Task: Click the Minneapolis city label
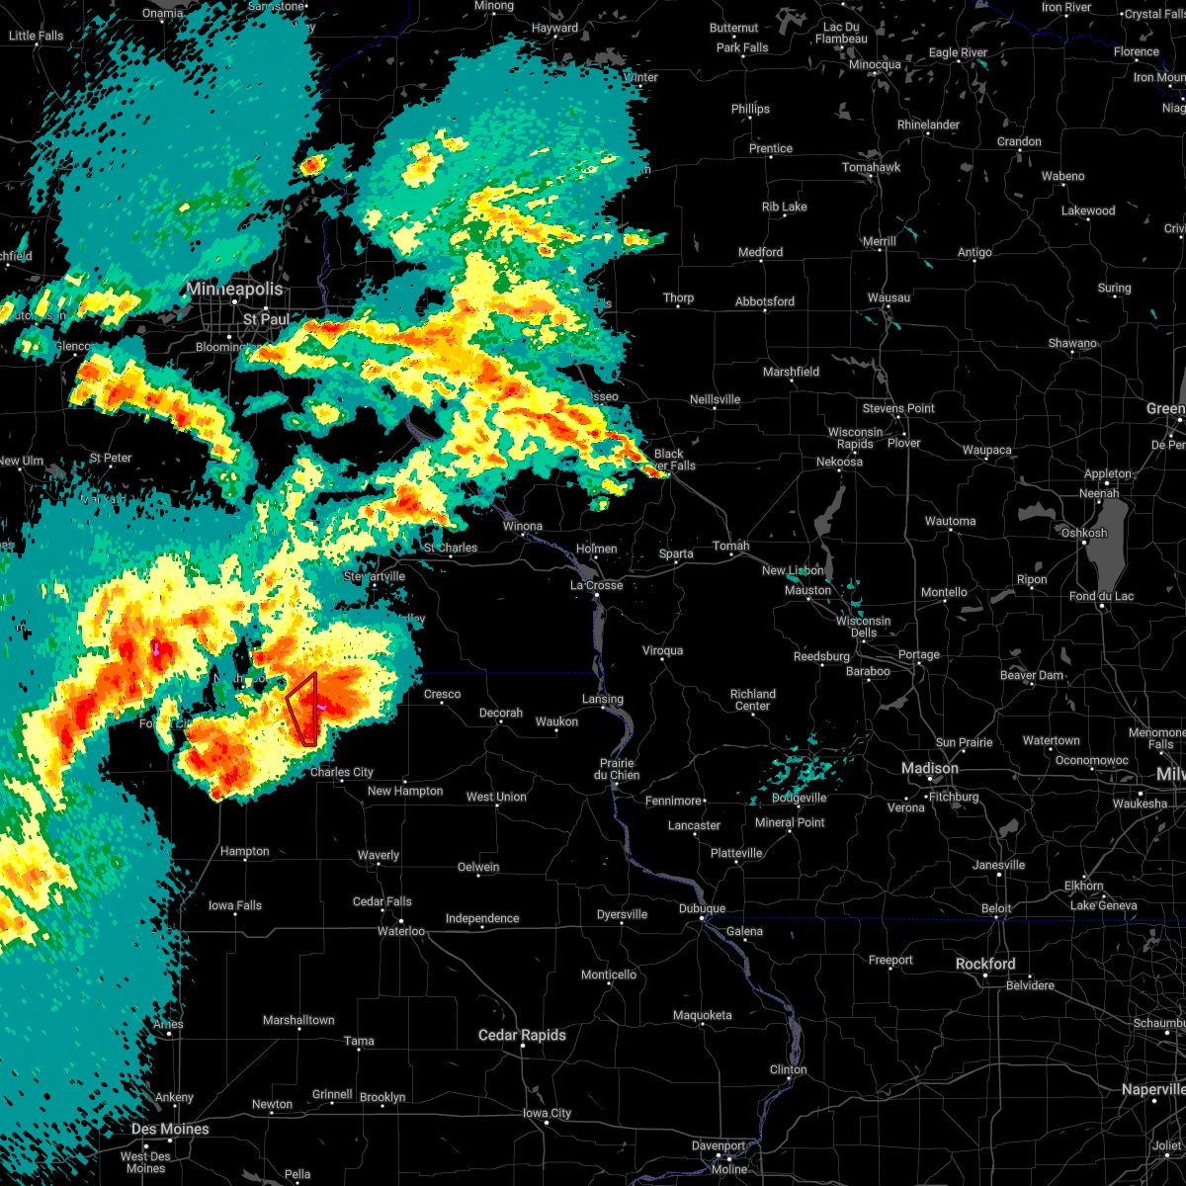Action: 235,290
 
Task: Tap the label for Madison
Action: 929,769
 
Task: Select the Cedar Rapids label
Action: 522,1035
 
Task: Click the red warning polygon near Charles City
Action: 302,708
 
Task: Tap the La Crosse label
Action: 597,585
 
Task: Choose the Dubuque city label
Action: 703,908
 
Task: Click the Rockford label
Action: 985,964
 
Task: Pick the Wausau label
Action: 890,297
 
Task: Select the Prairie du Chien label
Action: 617,769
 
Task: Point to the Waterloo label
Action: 401,931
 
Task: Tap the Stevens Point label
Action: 897,408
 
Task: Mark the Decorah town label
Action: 501,713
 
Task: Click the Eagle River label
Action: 959,52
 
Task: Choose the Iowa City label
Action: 547,1113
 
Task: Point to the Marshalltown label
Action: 298,1020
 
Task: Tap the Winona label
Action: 522,526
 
